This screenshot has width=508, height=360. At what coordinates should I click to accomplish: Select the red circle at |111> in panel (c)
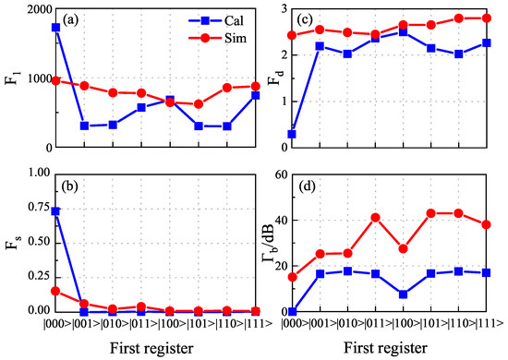[486, 18]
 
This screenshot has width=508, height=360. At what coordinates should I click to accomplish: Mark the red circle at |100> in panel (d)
[402, 249]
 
